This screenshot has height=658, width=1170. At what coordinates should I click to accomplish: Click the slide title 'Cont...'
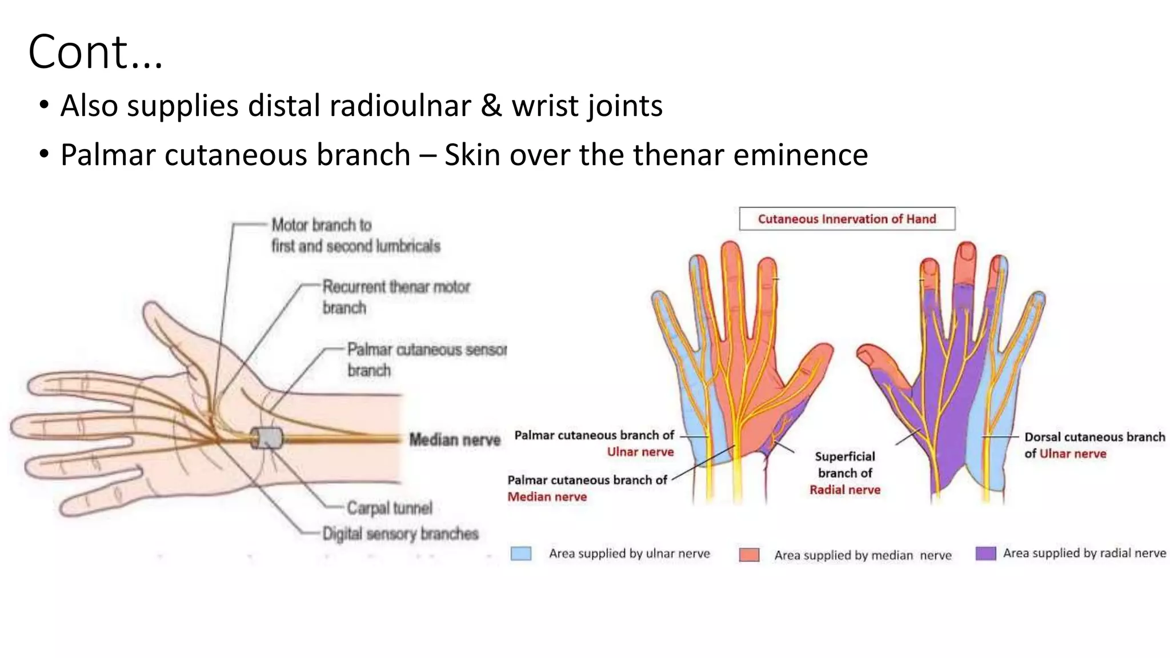point(95,52)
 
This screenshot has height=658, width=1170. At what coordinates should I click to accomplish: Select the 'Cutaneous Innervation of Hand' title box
point(847,219)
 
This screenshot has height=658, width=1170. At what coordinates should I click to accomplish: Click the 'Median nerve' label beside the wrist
point(455,440)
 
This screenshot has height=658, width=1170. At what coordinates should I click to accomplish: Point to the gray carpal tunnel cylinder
point(267,439)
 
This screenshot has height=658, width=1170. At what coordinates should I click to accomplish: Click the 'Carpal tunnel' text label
point(390,508)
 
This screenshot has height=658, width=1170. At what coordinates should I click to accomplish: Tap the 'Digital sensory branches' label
point(400,534)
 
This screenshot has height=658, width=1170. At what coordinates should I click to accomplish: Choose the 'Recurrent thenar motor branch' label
point(396,296)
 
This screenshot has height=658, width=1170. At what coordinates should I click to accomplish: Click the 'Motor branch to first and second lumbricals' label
point(355,235)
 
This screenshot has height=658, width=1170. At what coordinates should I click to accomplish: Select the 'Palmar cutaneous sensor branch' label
point(426,359)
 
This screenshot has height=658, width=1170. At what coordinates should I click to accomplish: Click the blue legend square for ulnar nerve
point(520,553)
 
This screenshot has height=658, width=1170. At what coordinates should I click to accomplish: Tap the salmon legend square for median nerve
point(749,555)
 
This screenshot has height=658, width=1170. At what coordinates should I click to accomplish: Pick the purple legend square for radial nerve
point(985,553)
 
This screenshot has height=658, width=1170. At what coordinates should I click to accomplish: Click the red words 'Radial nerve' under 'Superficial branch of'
point(844,490)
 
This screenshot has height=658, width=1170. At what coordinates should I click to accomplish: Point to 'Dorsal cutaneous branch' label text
point(1094,437)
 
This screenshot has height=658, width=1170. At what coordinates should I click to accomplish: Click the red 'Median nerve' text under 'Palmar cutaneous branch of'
point(547,497)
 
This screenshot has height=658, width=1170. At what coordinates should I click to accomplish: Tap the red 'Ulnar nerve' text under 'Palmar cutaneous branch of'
point(640,452)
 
